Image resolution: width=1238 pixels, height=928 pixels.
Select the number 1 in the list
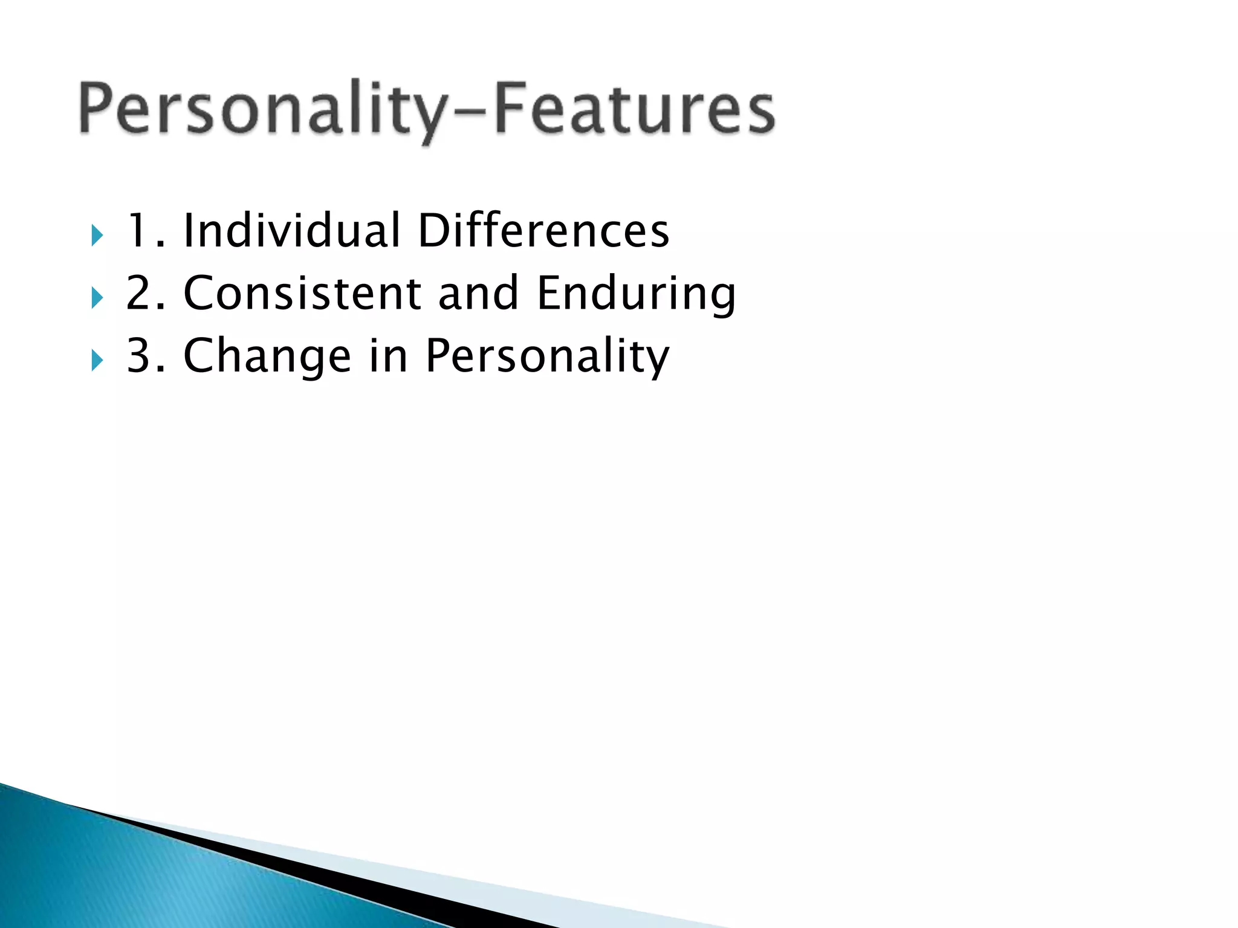138,231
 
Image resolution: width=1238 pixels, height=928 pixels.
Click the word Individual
292,231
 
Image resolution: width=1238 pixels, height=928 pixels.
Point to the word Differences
543,231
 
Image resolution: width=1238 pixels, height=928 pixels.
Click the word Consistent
302,293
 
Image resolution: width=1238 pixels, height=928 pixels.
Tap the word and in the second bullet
478,293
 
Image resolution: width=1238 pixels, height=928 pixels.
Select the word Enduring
636,294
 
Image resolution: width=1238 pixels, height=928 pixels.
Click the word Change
267,356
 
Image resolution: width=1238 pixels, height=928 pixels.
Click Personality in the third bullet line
547,356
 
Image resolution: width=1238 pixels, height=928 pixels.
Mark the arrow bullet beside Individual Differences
97,235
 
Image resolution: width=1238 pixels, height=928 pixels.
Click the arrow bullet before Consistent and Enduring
97,298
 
